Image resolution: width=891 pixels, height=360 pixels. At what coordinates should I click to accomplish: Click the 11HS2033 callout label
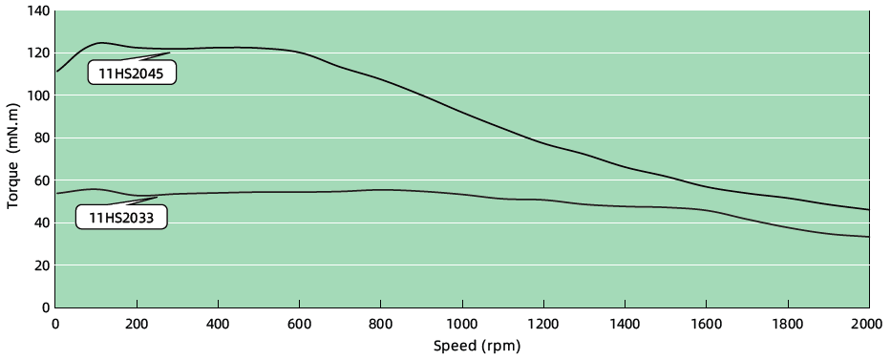[121, 218]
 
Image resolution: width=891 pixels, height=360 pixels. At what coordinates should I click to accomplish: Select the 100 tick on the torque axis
[37, 95]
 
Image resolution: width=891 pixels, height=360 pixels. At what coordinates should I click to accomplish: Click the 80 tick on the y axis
[40, 138]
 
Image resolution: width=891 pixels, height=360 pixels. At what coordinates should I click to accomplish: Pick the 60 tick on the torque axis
[40, 180]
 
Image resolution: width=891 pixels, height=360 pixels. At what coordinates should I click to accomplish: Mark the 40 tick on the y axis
[40, 222]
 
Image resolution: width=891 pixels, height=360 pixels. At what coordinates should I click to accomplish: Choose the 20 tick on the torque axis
[40, 265]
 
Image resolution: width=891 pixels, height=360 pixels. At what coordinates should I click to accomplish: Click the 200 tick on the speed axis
[137, 323]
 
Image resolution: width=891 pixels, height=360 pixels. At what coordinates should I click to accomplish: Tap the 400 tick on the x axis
[219, 323]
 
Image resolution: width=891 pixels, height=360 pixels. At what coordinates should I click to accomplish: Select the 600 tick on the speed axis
[300, 323]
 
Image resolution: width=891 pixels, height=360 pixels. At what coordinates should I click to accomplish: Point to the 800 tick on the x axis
[381, 323]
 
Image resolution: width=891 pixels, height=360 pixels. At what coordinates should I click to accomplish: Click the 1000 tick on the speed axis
[462, 323]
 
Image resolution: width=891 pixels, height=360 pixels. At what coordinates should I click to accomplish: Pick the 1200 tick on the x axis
[543, 323]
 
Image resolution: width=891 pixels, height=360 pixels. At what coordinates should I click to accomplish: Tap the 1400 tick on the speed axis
[625, 323]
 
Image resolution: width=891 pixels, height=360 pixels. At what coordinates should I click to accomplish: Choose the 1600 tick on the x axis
[706, 323]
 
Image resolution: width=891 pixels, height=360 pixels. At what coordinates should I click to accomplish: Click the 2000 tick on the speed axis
[867, 323]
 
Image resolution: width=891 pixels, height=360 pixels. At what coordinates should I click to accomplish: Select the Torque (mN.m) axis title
[12, 159]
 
